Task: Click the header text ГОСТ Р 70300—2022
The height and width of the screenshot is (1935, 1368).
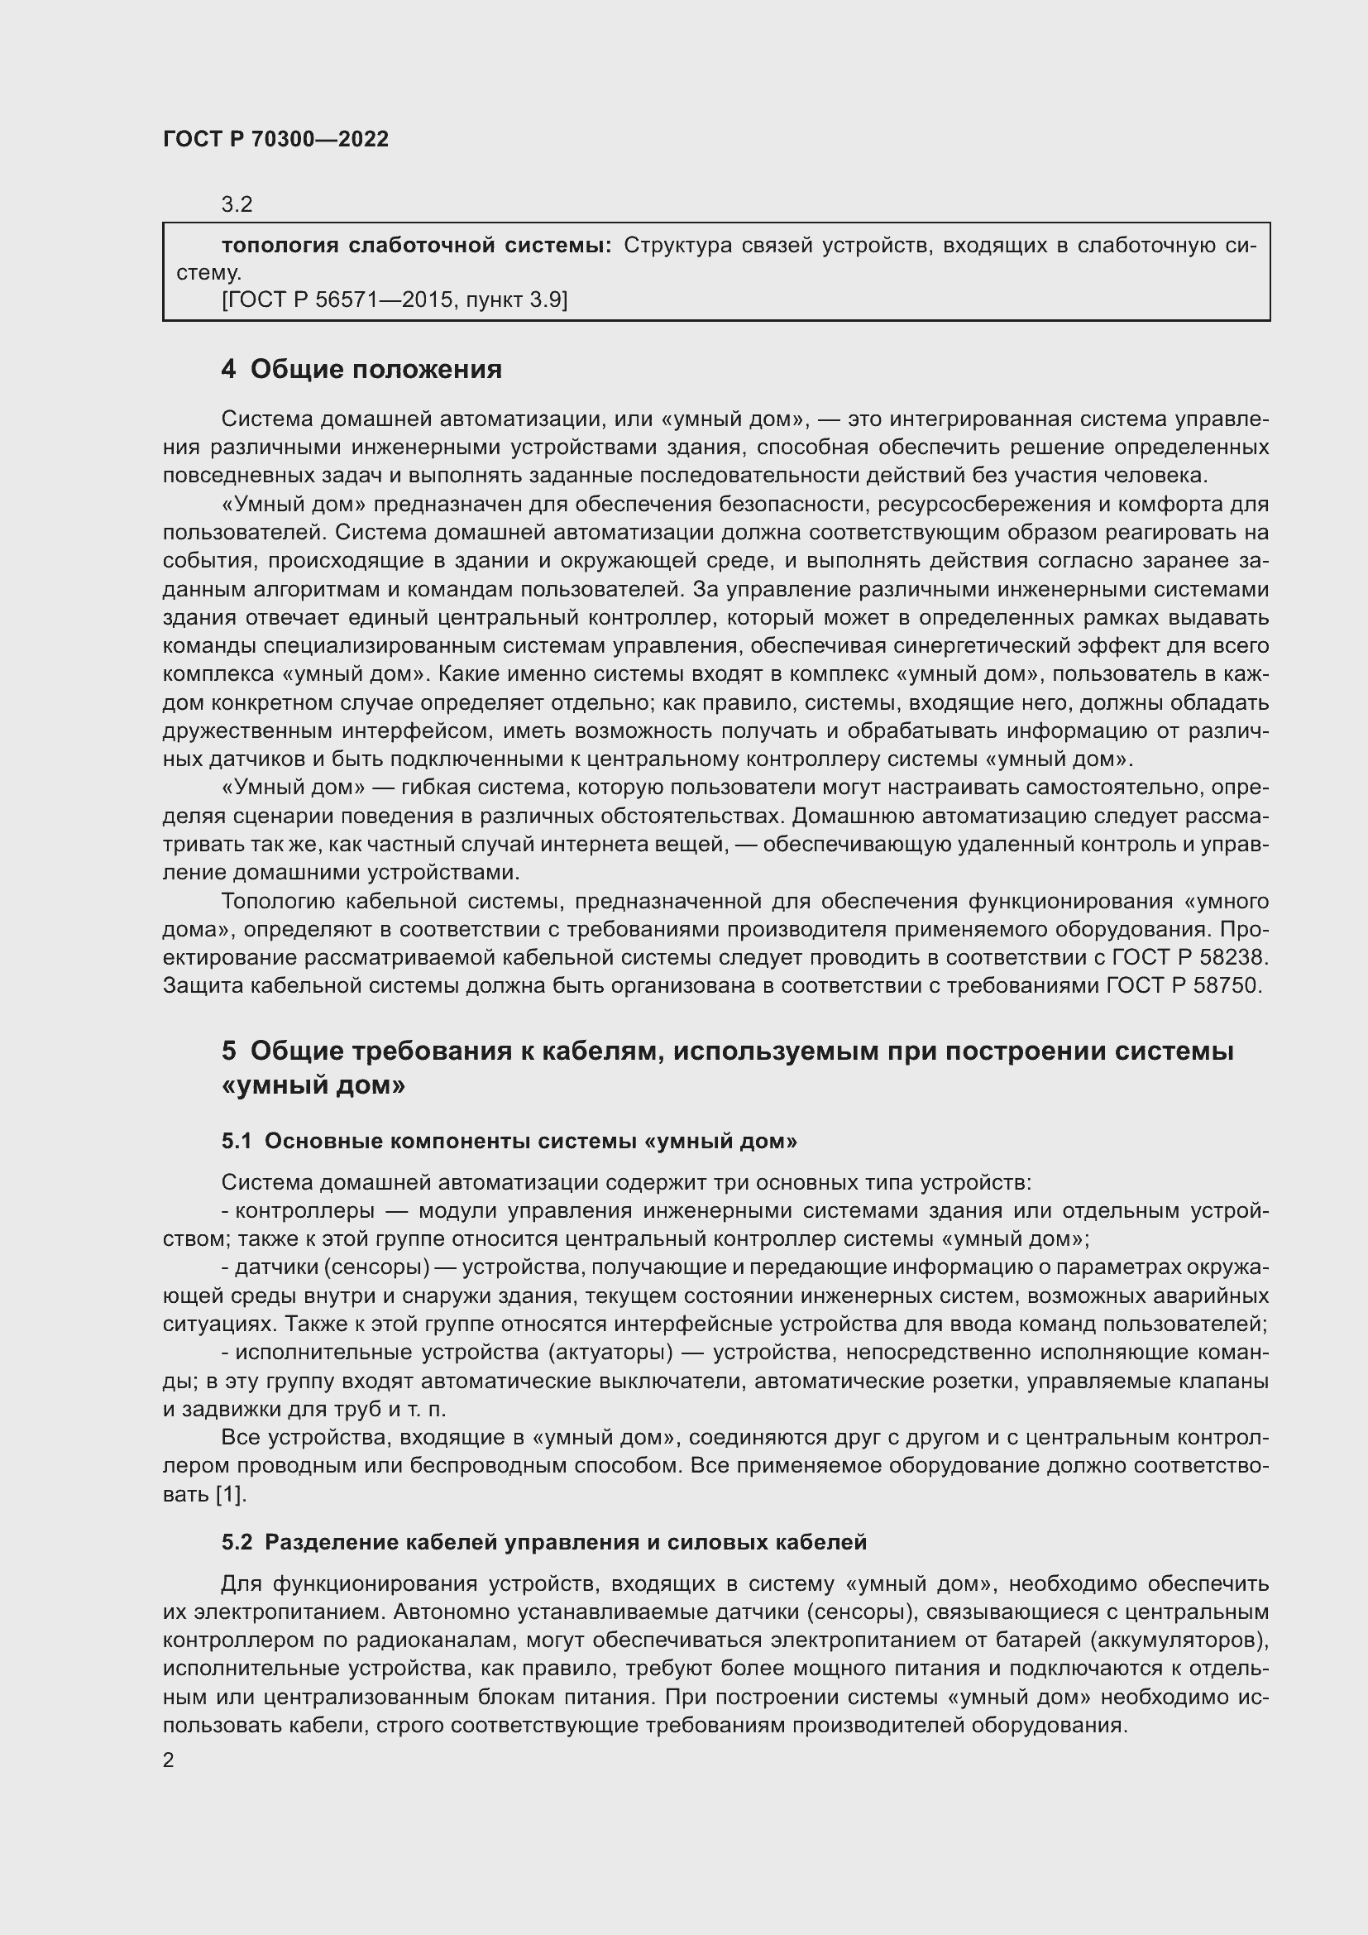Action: click(275, 140)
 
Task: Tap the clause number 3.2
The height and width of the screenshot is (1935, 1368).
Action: click(237, 205)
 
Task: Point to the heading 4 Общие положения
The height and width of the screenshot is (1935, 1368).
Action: click(361, 369)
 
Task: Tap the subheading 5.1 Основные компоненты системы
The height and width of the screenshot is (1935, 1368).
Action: click(509, 1141)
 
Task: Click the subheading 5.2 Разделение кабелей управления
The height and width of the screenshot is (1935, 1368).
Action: click(543, 1542)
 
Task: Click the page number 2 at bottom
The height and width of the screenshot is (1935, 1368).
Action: click(169, 1760)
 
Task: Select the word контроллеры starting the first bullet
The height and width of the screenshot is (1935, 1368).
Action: click(304, 1211)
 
